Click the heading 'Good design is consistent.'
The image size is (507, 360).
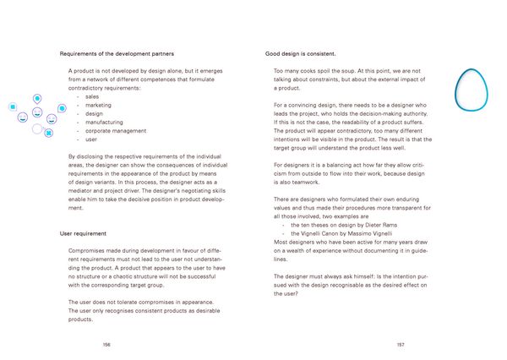click(x=301, y=53)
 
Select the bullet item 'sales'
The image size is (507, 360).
click(x=92, y=97)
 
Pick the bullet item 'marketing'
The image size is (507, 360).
click(x=98, y=106)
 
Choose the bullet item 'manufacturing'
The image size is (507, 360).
click(x=104, y=123)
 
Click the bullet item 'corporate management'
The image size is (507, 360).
click(x=115, y=131)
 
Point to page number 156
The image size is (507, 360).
click(x=106, y=346)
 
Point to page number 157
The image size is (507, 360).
click(x=400, y=346)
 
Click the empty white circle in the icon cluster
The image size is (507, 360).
click(x=37, y=129)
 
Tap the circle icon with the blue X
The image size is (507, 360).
click(x=48, y=133)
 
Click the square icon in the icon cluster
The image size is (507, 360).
click(x=13, y=107)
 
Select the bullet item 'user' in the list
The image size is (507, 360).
click(x=91, y=139)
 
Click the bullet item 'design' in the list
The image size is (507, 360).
click(x=94, y=114)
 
